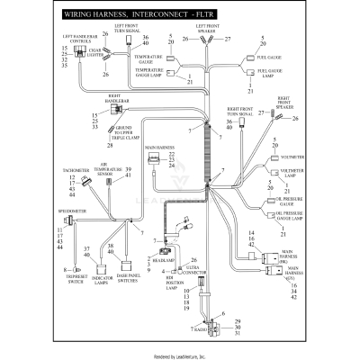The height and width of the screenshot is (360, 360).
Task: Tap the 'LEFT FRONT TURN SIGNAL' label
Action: tap(125, 30)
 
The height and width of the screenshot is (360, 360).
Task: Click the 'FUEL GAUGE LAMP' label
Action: tap(273, 73)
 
